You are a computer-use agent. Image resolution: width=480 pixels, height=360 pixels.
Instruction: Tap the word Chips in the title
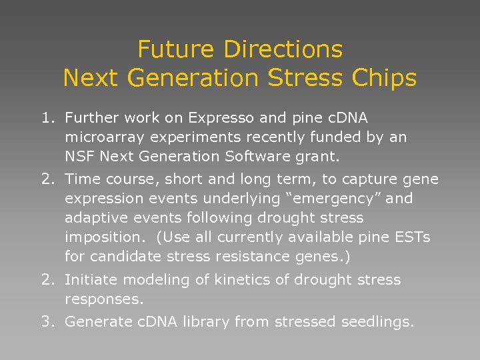point(387,78)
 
